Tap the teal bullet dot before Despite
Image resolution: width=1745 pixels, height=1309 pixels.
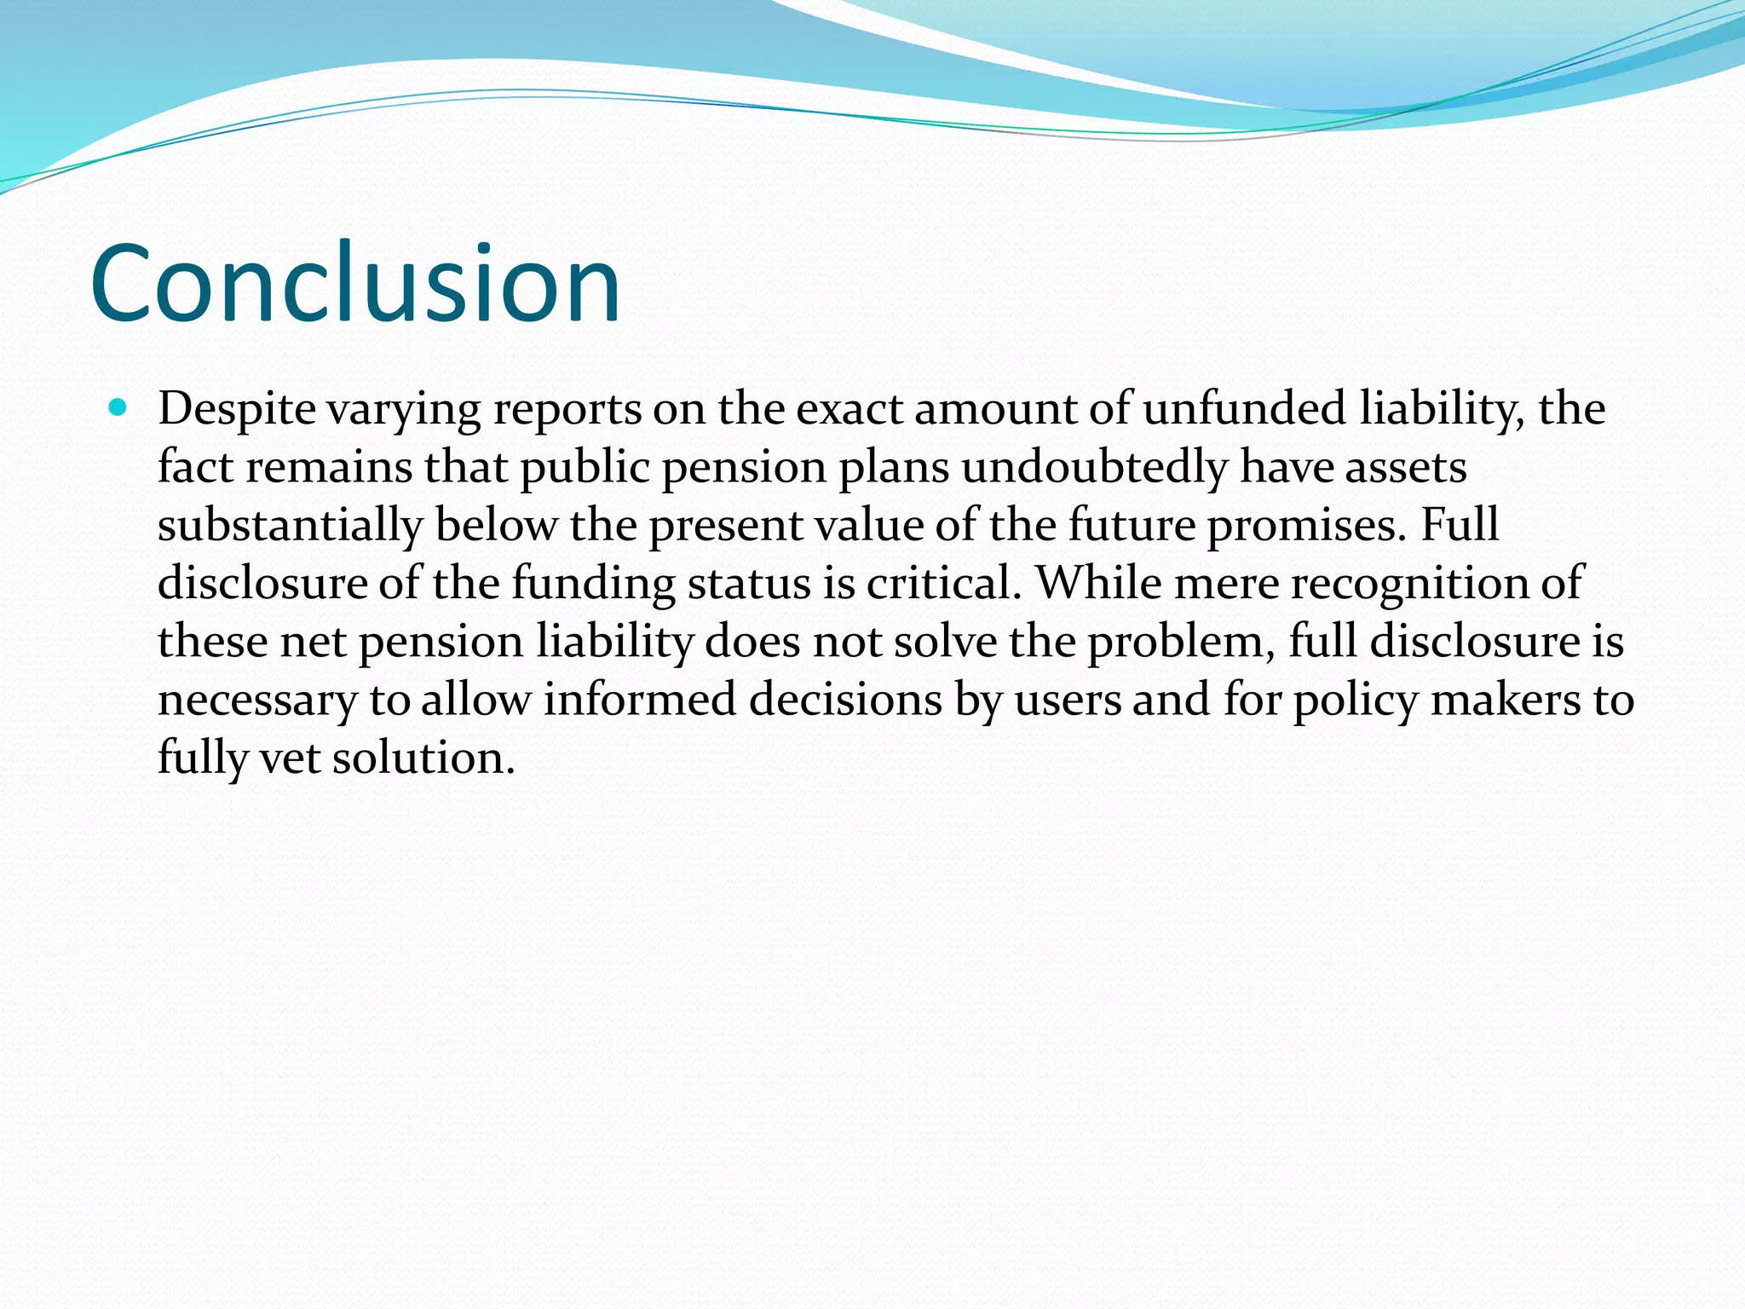[x=118, y=408]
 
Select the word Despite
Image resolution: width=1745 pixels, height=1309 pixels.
[x=237, y=410]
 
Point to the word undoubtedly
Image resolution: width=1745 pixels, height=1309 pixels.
[x=1095, y=468]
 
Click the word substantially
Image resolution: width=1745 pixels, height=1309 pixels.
[x=290, y=526]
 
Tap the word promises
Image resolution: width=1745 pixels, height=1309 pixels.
[x=1306, y=526]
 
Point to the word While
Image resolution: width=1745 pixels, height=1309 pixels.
[x=1097, y=584]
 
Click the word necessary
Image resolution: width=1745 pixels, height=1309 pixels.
[x=257, y=701]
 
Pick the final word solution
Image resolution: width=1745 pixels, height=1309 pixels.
[x=423, y=758]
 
